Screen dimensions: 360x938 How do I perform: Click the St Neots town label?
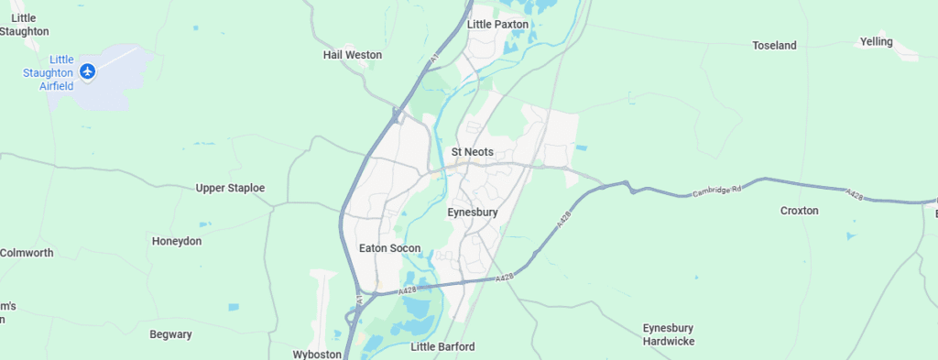[473, 151]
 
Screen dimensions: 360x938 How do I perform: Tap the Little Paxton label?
[498, 24]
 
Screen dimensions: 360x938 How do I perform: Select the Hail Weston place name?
[353, 55]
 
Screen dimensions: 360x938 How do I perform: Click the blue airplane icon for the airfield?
[88, 71]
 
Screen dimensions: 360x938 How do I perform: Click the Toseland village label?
[774, 45]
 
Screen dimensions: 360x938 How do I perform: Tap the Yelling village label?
[877, 41]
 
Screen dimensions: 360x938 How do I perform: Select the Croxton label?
[800, 211]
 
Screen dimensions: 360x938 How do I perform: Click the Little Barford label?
[443, 347]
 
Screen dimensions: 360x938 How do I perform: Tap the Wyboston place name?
[317, 354]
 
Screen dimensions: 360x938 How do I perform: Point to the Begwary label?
[171, 334]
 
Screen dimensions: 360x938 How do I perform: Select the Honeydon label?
[177, 241]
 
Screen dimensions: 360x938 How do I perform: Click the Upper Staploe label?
[230, 188]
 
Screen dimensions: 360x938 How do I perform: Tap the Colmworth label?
[27, 253]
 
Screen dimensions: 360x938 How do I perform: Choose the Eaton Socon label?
[390, 248]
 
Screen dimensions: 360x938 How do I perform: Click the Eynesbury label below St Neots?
[473, 212]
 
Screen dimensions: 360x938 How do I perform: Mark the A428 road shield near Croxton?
[855, 194]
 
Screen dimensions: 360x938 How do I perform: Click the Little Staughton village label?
[25, 25]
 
